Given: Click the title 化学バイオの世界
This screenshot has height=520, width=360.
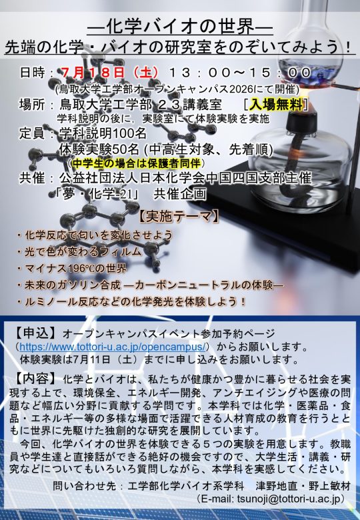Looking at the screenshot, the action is click(x=180, y=26).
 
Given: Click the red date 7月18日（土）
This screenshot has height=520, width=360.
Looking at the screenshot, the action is click(x=109, y=73).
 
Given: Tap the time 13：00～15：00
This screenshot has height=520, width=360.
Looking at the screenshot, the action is click(x=240, y=73).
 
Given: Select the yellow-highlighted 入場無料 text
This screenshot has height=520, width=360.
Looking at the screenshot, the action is click(x=276, y=105).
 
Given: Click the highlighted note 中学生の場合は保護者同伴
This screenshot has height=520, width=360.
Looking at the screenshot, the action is click(x=136, y=163).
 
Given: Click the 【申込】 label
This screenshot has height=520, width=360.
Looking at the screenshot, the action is click(x=35, y=333).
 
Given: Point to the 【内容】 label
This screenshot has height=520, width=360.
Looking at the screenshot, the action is click(x=35, y=379).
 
